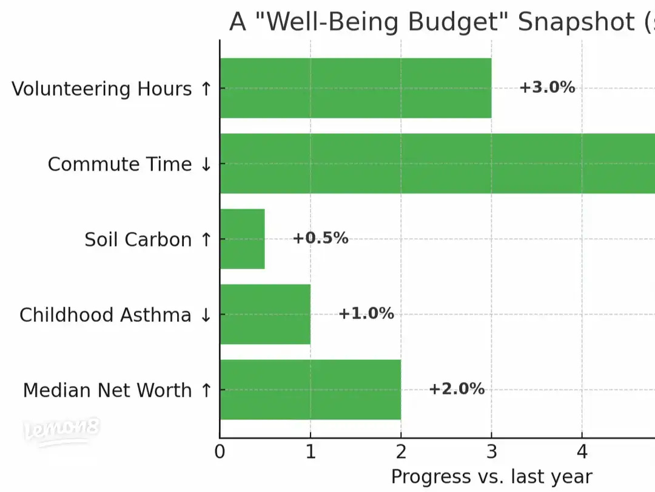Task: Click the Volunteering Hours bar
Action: coord(355,88)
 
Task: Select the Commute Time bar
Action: coord(437,163)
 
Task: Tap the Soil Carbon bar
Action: coord(243,239)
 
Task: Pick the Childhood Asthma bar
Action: coord(265,314)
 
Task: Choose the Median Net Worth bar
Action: coord(310,389)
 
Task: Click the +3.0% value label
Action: coord(546,87)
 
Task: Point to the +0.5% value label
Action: coord(320,238)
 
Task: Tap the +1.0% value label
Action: coord(366,313)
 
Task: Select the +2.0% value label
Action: coord(457,389)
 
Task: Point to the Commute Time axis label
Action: coord(129,164)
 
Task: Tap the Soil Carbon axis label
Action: coord(147,239)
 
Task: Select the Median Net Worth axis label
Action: coord(117,390)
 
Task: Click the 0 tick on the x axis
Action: coord(220,453)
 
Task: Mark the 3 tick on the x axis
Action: coord(491,453)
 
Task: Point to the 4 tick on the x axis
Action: coord(582,453)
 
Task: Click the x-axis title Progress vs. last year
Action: coord(491,476)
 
